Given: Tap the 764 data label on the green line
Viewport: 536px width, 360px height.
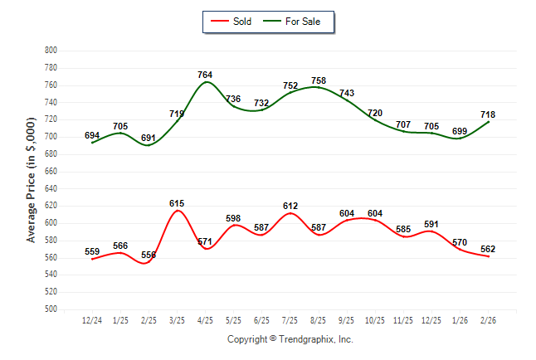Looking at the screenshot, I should pos(205,75).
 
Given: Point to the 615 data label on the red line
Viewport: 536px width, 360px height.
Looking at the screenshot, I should pos(176,203).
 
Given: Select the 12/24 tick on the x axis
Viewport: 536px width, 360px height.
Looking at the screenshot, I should pos(92,319).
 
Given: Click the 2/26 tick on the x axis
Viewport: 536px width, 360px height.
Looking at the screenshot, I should pos(489,319).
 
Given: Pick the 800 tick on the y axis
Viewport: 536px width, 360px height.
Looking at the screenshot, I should pos(50,51).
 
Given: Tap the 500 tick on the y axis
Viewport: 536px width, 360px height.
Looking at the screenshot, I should pos(50,309).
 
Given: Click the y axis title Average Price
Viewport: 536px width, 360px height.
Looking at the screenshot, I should pos(32,180).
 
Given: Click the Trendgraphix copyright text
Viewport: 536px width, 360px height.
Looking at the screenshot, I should pos(290,339).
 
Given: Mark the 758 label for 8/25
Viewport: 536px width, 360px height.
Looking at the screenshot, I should pos(319,80).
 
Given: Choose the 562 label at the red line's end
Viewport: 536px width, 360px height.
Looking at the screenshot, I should pos(489,250).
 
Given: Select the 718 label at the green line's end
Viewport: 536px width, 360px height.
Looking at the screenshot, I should pos(489,114).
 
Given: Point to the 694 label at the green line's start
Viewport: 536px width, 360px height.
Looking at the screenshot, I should pos(92,135).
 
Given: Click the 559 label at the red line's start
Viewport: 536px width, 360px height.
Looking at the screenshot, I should pos(92,251).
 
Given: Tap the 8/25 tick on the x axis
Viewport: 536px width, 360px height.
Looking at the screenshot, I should pos(319,319).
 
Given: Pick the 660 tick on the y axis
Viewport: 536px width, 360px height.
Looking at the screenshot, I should pos(50,172).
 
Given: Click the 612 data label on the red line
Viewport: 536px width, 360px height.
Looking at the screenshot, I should pos(290,206).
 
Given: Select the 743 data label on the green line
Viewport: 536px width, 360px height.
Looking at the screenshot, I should pos(347,94).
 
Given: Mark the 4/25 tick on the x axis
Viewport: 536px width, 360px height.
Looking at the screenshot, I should pos(205,319).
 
